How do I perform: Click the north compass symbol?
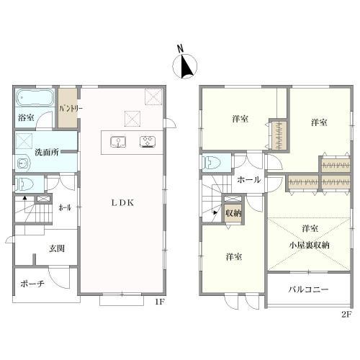point(185,66)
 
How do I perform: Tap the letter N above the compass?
point(180,49)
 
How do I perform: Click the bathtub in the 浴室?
point(35,98)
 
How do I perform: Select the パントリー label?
point(71,109)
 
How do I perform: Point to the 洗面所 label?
point(47,152)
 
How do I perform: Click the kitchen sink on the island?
point(118,142)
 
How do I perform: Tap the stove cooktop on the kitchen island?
point(148,141)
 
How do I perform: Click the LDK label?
point(122,203)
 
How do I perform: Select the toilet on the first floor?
point(24,184)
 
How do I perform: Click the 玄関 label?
point(57,248)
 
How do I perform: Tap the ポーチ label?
point(32,284)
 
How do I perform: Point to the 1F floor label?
point(160,302)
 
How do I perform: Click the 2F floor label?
point(346,315)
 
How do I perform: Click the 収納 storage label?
point(233,213)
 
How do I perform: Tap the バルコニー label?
point(308,289)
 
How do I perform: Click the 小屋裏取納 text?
point(310,246)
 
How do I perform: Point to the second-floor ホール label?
point(249,180)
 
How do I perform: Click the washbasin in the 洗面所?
point(23,163)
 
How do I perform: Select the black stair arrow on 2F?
point(215,212)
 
